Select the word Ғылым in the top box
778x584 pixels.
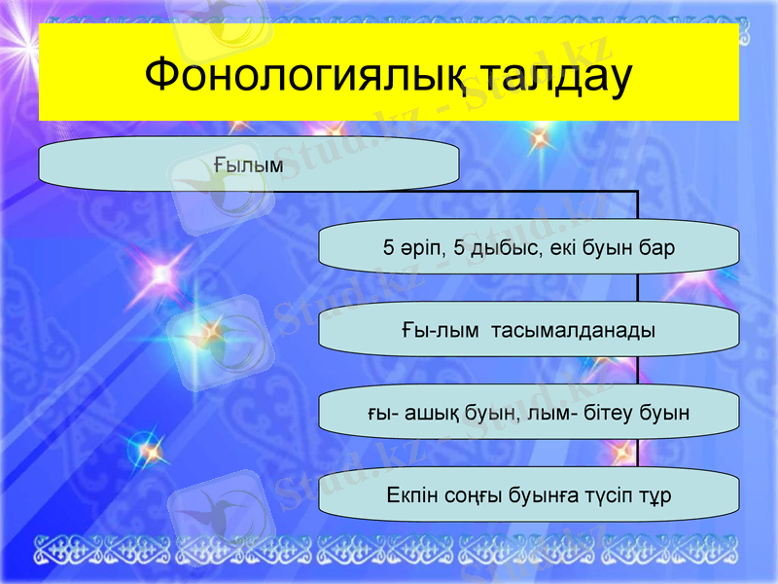[x=248, y=165]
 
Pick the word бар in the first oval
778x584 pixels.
[x=655, y=248]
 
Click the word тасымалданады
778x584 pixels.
[x=574, y=330]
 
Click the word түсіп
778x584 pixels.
[x=610, y=495]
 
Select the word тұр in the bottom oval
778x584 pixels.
[x=658, y=495]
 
